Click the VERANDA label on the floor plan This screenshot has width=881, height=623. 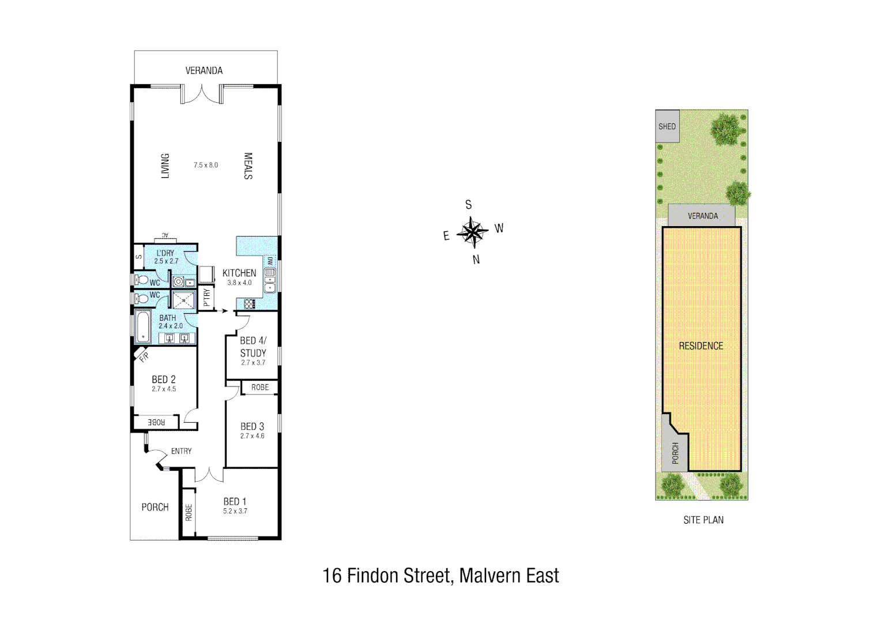point(204,70)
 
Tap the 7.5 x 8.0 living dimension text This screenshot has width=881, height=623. point(206,165)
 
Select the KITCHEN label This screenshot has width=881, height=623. point(239,273)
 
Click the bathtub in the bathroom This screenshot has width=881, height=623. point(143,327)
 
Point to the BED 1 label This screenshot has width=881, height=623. point(235,502)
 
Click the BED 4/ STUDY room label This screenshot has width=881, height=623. point(253,347)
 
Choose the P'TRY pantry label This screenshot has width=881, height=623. point(207,298)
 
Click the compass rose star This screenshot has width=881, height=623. point(473,232)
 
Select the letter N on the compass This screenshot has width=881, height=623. point(476,260)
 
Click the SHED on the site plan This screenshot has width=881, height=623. point(667,126)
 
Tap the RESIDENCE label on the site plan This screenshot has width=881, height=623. point(701,346)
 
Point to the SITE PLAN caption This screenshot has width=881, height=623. point(703,520)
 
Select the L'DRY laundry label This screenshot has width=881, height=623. point(165,253)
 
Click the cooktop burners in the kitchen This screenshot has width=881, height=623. point(249,304)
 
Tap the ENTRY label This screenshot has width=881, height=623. point(181,451)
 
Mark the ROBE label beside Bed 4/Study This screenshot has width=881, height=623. point(260,388)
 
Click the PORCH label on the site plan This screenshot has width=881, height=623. point(675,453)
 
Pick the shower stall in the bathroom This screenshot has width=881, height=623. point(184,300)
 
